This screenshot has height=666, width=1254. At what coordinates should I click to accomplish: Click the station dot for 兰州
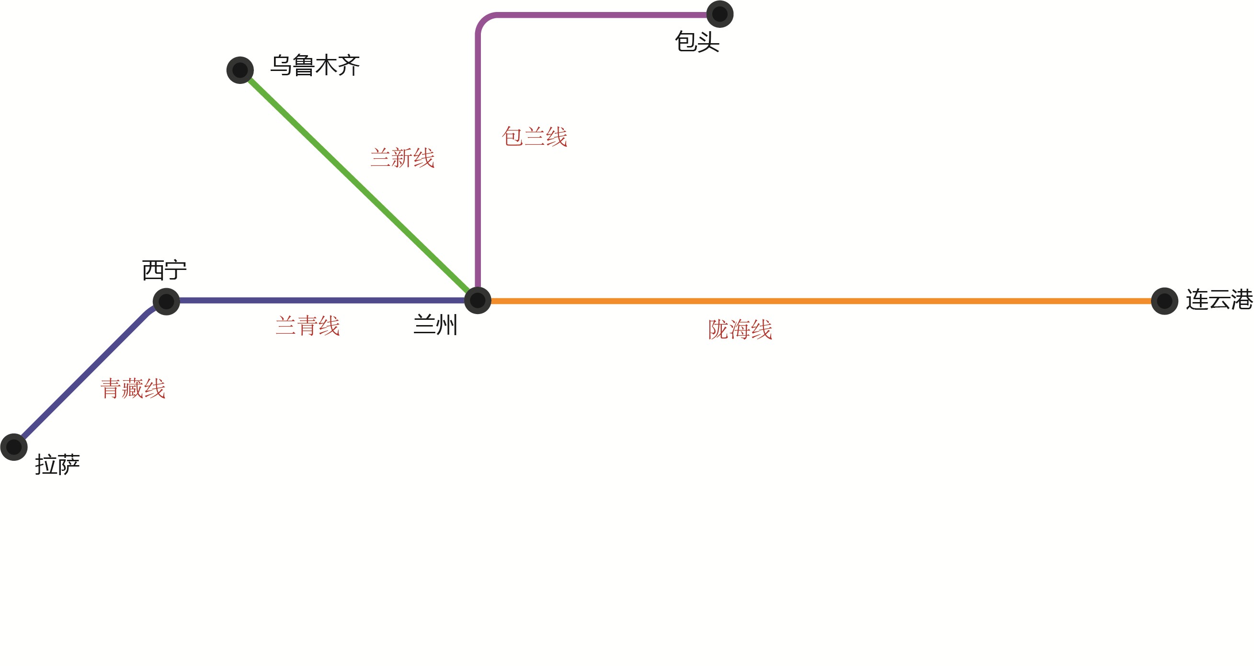click(x=478, y=301)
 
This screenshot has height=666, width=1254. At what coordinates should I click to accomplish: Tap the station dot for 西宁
click(x=167, y=302)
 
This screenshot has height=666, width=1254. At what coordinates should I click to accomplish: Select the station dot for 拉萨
click(x=13, y=447)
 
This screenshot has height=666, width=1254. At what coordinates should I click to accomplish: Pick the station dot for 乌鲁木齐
click(x=240, y=70)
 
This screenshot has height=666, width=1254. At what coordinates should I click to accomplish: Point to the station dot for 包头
click(x=719, y=14)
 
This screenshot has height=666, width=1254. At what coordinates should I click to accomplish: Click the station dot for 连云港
click(x=1164, y=301)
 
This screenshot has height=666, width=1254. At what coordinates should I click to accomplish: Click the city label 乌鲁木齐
click(x=315, y=65)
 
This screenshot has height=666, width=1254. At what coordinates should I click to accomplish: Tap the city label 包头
click(x=696, y=42)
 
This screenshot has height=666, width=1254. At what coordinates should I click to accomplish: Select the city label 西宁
click(x=164, y=270)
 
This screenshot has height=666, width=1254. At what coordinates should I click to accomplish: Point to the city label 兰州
click(x=435, y=325)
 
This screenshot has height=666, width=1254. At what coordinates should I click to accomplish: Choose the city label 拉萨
click(x=57, y=464)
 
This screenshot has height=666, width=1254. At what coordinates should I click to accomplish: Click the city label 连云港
click(x=1219, y=300)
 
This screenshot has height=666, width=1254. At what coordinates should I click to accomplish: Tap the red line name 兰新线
click(x=402, y=158)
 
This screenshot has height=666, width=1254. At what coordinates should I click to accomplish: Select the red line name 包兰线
click(x=535, y=137)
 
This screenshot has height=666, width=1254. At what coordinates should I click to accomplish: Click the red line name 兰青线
click(x=307, y=326)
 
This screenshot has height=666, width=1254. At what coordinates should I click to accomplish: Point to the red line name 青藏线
click(x=133, y=389)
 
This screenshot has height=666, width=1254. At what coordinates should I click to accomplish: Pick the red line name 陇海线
click(x=740, y=330)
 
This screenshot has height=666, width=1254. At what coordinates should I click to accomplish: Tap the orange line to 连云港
click(x=828, y=301)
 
